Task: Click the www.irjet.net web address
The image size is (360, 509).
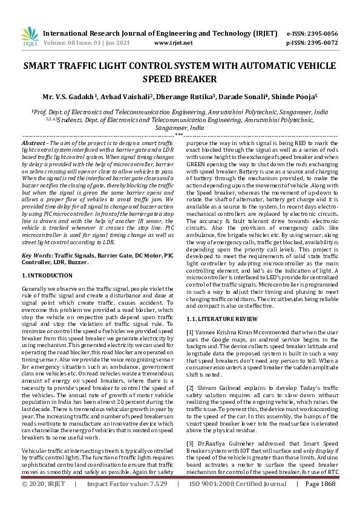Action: pos(174,43)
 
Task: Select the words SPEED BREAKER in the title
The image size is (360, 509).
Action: pos(180,79)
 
